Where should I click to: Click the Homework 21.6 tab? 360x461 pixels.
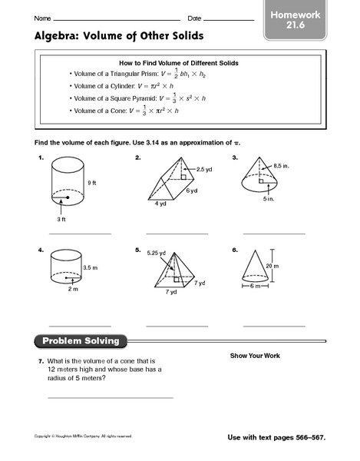(x=311, y=20)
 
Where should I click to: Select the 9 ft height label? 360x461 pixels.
(x=92, y=182)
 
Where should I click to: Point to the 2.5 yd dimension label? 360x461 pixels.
(x=204, y=168)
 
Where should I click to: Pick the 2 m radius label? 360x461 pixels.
(x=71, y=290)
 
